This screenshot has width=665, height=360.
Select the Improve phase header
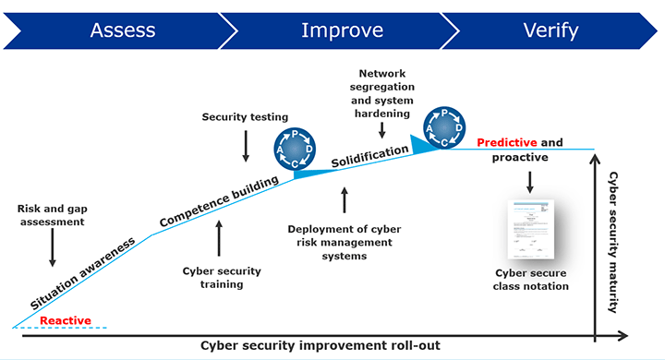pos(342,30)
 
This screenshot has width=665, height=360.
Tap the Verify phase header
pos(550,30)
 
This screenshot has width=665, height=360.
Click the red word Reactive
pos(66,320)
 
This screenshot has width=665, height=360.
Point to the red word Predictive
pos(506,143)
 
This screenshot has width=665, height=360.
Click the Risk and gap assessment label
pos(52,215)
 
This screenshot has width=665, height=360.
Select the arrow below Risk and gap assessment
pos(53,247)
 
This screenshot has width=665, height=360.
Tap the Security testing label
pos(246,117)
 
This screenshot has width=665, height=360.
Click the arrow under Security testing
pos(246,145)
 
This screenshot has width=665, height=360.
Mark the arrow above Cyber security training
pos(219,236)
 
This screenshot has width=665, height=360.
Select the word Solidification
pos(369,154)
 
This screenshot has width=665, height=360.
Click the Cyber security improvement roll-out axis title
pos(320,345)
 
